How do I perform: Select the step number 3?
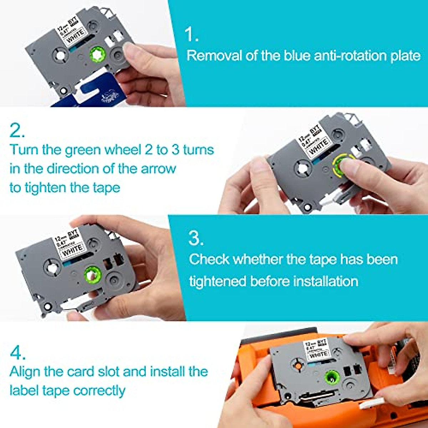196,238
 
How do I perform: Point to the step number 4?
17,353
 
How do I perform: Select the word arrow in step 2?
158,169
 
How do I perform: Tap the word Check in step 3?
209,259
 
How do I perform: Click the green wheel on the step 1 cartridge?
98,55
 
